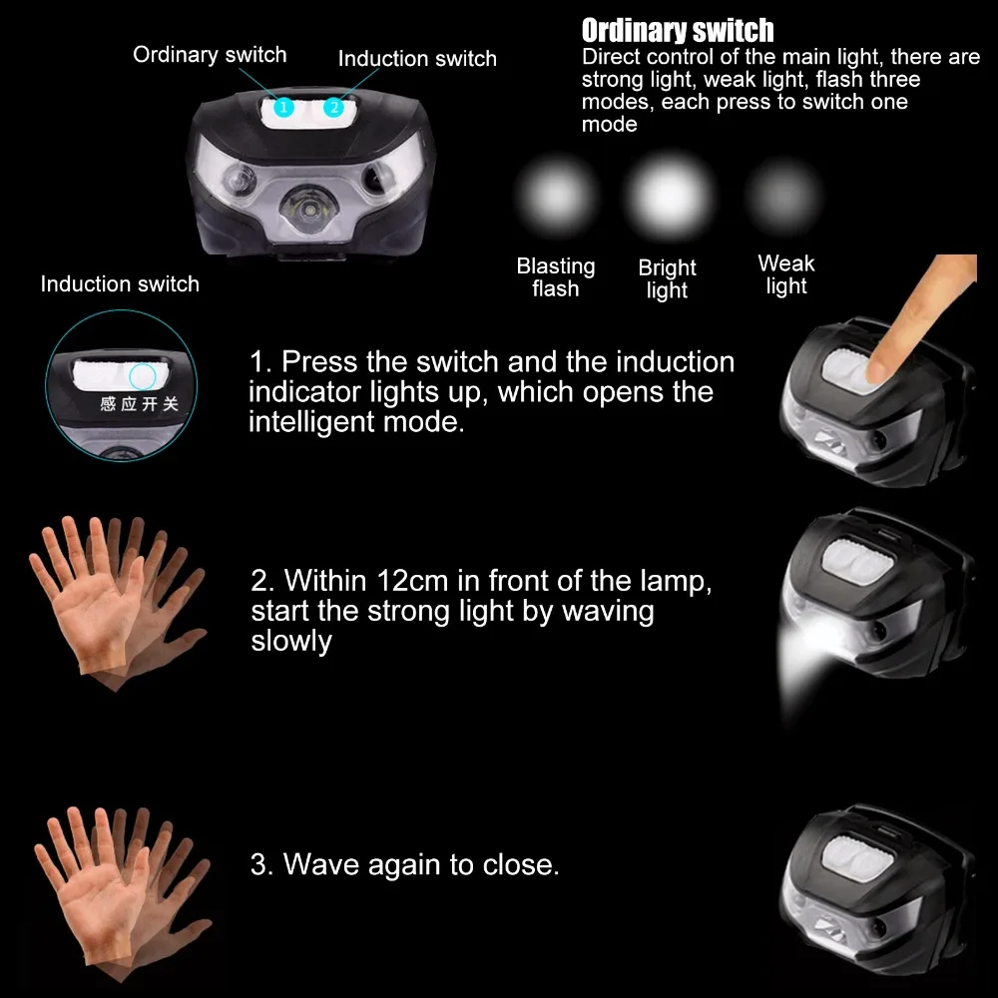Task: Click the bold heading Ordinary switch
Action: pos(678,31)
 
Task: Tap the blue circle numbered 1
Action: pos(284,106)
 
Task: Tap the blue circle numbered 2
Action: pos(333,106)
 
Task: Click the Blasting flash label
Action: pos(556,277)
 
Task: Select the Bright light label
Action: pos(667,279)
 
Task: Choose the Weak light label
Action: pos(786,274)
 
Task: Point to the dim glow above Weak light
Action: pos(784,193)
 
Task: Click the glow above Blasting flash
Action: pos(555,194)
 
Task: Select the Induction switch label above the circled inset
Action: pos(120,284)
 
